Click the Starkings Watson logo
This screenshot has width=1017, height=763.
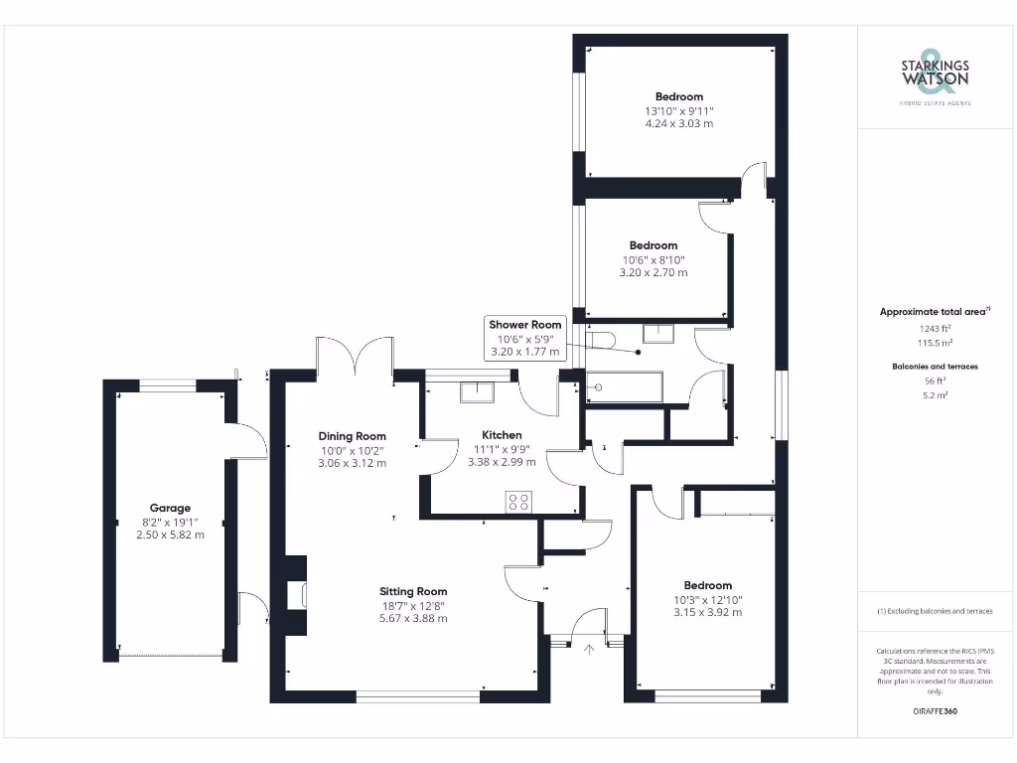point(935,72)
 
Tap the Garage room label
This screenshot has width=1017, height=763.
point(170,508)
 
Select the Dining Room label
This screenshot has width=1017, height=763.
point(352,436)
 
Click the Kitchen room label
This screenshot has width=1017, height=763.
point(502,435)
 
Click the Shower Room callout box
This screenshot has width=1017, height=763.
point(524,338)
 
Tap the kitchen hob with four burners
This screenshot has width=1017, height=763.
point(517,502)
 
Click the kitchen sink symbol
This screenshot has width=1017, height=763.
point(477,389)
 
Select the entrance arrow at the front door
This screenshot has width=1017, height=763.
point(588,651)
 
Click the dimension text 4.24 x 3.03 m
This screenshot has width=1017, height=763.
point(678,124)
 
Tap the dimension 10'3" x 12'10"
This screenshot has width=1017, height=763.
point(707,599)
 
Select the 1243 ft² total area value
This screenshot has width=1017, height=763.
point(934,327)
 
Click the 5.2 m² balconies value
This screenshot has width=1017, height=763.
point(934,394)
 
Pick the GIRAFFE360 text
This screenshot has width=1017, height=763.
point(934,711)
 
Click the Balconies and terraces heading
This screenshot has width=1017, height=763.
point(934,367)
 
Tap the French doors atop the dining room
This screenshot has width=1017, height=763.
point(356,356)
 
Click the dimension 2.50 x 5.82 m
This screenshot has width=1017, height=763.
point(170,534)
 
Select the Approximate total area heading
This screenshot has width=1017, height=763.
point(934,312)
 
